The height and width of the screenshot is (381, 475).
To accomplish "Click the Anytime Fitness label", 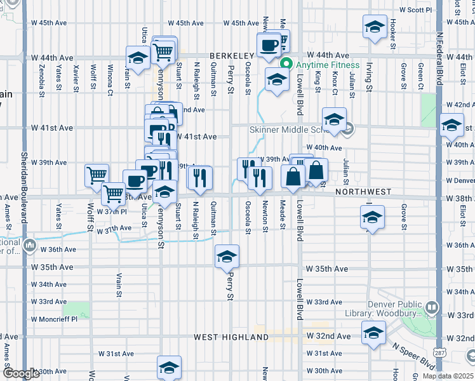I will coord(326,65).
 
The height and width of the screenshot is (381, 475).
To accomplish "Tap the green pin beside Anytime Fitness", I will coord(286,64).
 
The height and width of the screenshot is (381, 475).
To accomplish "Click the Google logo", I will coord(20,373).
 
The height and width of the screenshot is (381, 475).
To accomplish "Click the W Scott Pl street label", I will coord(415,10).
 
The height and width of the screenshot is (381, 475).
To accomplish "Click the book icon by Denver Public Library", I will coord(432,309).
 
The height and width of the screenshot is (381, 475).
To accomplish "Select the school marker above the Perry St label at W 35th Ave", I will coord(227,257).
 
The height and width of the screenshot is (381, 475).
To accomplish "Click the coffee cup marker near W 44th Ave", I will coord(269,45).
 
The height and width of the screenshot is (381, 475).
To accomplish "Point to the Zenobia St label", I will coord(41,76).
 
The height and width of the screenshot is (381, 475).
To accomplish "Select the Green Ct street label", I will coord(420,76).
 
